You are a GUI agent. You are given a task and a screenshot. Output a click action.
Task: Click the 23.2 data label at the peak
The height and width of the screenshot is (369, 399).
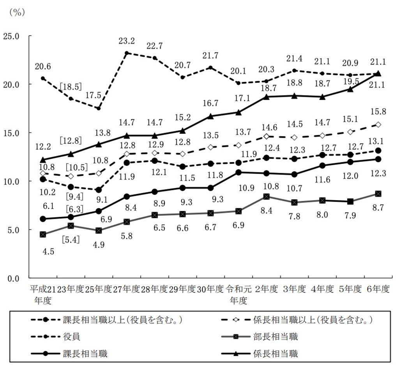[x=127, y=40]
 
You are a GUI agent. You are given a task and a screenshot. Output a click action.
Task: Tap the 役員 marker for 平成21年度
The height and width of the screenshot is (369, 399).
[x=43, y=78]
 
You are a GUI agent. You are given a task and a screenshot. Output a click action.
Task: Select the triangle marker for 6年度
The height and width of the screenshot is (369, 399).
[x=378, y=73]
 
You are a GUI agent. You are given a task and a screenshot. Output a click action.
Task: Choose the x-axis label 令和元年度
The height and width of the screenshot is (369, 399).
[x=238, y=294]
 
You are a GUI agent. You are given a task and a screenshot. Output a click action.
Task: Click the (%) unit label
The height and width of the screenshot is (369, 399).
[x=17, y=12]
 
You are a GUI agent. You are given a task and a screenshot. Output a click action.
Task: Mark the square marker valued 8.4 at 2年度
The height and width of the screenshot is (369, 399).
[x=266, y=197]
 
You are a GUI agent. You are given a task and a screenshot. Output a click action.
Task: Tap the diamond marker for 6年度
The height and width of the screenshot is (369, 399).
[x=378, y=125]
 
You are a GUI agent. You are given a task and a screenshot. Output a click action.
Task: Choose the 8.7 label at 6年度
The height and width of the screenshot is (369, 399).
[x=378, y=208]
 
